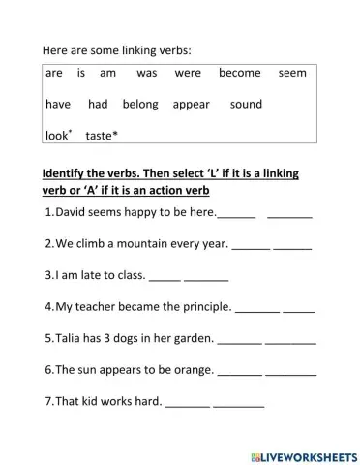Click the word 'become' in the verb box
pos(240,73)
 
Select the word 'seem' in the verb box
pos(292,73)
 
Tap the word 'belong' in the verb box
pos(140,104)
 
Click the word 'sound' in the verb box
pos(246,104)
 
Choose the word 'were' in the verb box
pos(189,73)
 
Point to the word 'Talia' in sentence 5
pos(74,338)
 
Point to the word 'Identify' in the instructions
pos(68,173)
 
